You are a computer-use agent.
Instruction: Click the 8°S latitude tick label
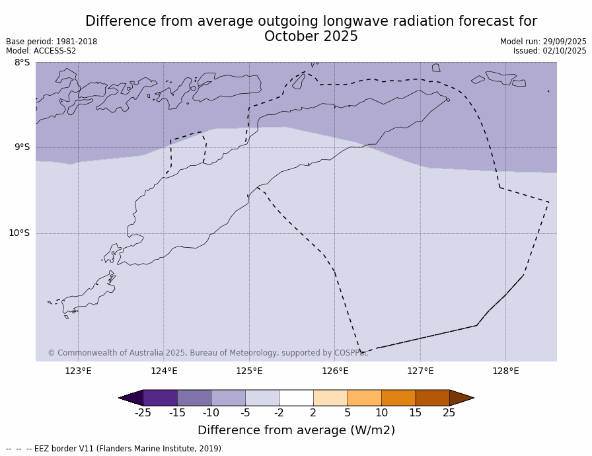pyautogui.click(x=22, y=63)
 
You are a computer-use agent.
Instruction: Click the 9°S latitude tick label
pyautogui.click(x=22, y=147)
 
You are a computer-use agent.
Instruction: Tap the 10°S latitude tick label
pyautogui.click(x=19, y=233)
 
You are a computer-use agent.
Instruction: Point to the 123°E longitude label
pyautogui.click(x=78, y=371)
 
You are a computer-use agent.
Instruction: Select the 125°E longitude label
pyautogui.click(x=249, y=371)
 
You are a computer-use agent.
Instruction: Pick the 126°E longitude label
pyautogui.click(x=335, y=371)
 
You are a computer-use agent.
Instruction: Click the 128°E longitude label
pyautogui.click(x=505, y=371)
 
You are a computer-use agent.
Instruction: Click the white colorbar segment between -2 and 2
pyautogui.click(x=296, y=398)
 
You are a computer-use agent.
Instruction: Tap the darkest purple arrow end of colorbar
pyautogui.click(x=131, y=398)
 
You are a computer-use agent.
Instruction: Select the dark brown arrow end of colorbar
pyautogui.click(x=461, y=398)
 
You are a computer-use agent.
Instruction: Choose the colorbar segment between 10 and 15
pyautogui.click(x=398, y=398)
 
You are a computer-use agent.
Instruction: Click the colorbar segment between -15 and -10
pyautogui.click(x=194, y=398)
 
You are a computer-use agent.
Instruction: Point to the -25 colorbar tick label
pyautogui.click(x=143, y=413)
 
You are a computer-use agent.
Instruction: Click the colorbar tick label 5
pyautogui.click(x=347, y=413)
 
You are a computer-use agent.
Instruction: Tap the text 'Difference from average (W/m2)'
pyautogui.click(x=296, y=430)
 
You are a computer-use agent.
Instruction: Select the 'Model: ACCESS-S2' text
pyautogui.click(x=41, y=51)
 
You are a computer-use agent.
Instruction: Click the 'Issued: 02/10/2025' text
pyautogui.click(x=550, y=51)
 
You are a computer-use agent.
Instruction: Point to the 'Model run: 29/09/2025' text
pyautogui.click(x=543, y=42)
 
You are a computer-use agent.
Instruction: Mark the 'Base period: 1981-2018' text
pyautogui.click(x=52, y=42)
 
